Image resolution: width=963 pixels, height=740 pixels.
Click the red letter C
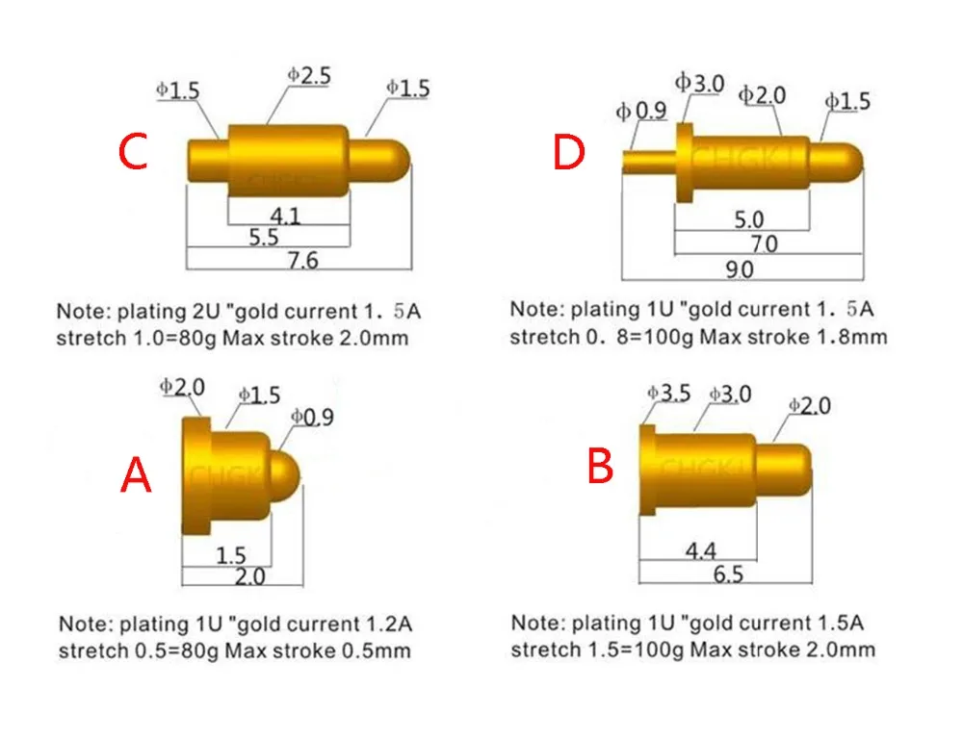tap(133, 151)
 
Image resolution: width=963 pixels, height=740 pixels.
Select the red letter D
tap(569, 152)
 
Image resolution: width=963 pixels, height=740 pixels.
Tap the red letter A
tap(136, 475)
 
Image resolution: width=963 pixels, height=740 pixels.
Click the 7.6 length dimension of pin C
tap(302, 261)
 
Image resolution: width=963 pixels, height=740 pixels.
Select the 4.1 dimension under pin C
tap(286, 216)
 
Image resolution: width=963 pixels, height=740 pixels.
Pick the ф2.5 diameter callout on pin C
tap(309, 75)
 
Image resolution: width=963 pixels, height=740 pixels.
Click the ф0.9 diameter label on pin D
tap(641, 111)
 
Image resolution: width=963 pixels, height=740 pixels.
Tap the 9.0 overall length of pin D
tap(740, 269)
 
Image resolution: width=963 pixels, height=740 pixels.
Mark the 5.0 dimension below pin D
tap(749, 219)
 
